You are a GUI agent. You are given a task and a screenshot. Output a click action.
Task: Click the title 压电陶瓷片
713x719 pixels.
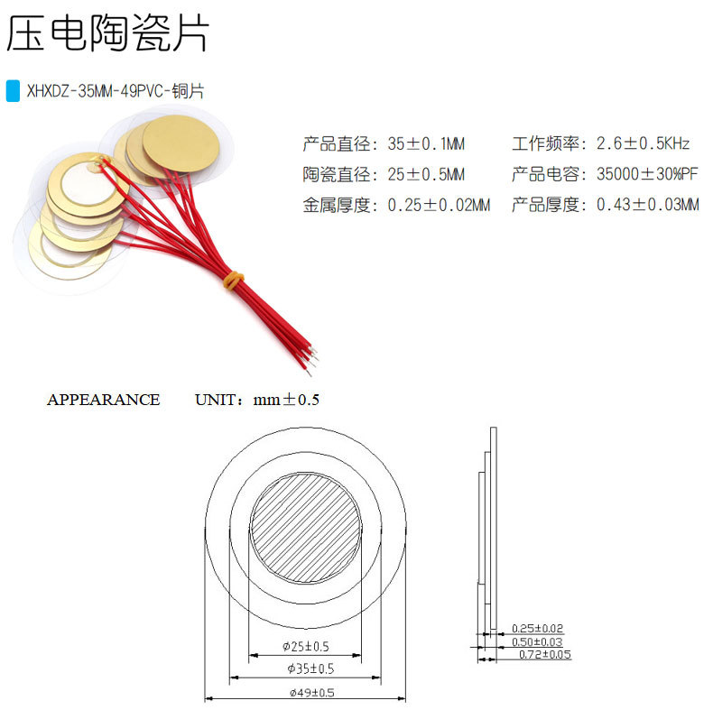coord(108,34)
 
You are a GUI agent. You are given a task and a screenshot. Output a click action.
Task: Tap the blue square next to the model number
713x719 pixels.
coord(13,91)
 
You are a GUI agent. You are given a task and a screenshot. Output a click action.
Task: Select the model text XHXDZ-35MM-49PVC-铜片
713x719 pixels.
coord(116,91)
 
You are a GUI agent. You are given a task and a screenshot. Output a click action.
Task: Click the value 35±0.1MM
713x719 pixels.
coord(426,143)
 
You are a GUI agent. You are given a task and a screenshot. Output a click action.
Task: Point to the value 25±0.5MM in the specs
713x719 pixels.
coord(426,174)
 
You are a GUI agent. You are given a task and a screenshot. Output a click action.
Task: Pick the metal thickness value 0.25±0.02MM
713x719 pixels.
coord(439,205)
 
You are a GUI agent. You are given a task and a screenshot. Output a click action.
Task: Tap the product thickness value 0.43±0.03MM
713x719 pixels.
coord(648,205)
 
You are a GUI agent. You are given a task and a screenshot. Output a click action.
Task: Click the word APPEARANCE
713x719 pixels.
coord(103,400)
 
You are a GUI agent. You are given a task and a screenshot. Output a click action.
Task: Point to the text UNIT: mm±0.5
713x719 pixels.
coord(257,400)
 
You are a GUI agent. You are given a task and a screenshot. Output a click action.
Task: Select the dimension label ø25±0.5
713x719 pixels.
coord(305,646)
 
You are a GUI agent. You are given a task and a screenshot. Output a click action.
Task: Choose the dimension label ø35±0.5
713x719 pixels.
coord(305,668)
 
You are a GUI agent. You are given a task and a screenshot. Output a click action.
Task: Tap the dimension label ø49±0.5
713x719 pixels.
coord(305,692)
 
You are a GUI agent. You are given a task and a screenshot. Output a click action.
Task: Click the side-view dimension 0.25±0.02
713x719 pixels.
coord(537,628)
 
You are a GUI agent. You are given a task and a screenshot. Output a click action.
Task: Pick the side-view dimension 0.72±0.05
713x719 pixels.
coord(544,654)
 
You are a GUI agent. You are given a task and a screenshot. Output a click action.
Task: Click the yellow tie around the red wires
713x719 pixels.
coord(233,280)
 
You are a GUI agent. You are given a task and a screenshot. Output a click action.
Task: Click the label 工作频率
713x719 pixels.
coord(544,143)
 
